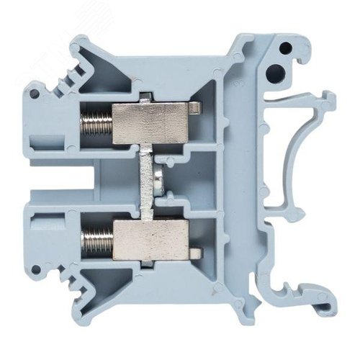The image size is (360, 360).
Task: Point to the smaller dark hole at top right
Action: click(x=286, y=48)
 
